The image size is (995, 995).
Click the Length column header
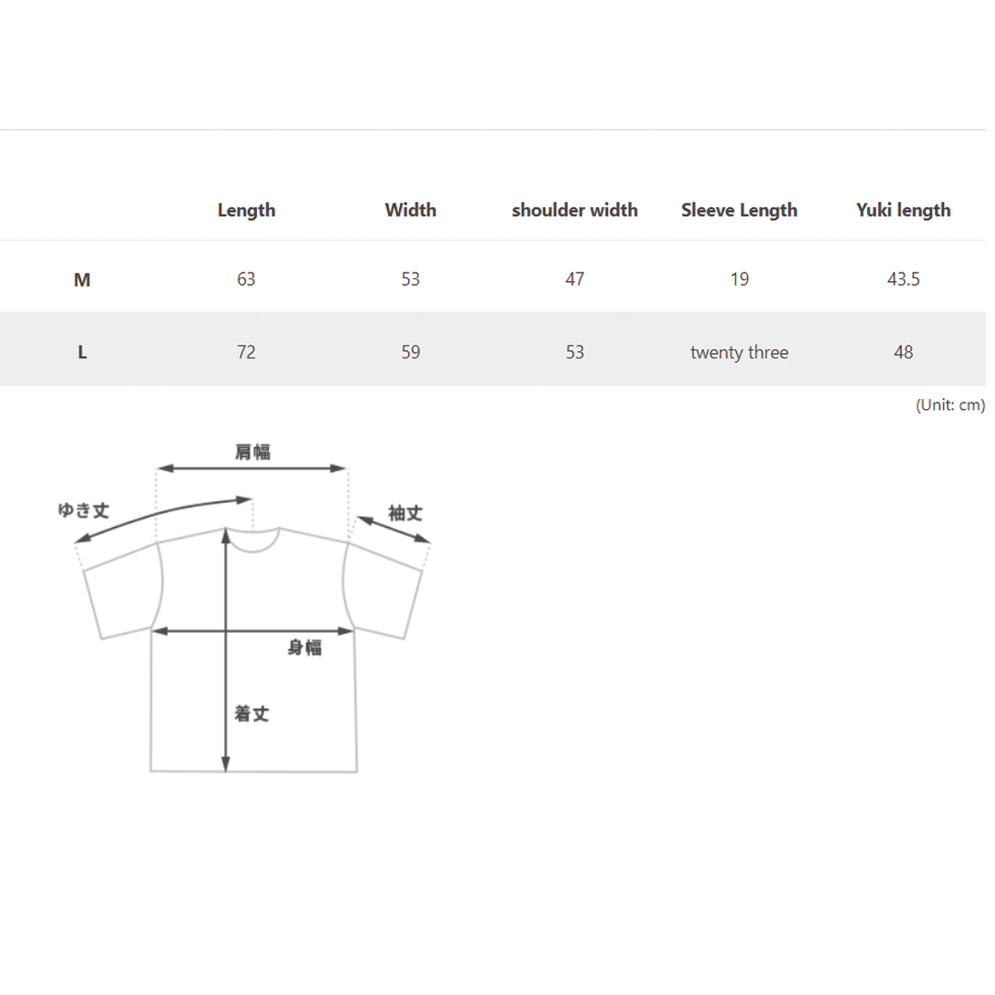pyautogui.click(x=246, y=210)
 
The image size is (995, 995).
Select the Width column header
pyautogui.click(x=411, y=210)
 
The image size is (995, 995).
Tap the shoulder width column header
pyautogui.click(x=575, y=210)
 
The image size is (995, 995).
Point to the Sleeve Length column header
pyautogui.click(x=739, y=210)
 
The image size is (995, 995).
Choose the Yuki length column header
pyautogui.click(x=903, y=210)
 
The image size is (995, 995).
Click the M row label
pyautogui.click(x=82, y=280)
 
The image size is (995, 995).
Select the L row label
pyautogui.click(x=82, y=352)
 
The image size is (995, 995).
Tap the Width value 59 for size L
pyautogui.click(x=411, y=352)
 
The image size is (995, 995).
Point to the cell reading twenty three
pyautogui.click(x=739, y=352)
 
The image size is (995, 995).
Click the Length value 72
pyautogui.click(x=246, y=352)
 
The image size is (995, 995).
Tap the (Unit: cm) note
pyautogui.click(x=950, y=404)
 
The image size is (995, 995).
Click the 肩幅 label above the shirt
pyautogui.click(x=252, y=451)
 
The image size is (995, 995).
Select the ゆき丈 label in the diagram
pyautogui.click(x=85, y=510)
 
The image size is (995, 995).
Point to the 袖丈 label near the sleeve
pyautogui.click(x=405, y=513)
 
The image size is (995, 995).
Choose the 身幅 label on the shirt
pyautogui.click(x=305, y=648)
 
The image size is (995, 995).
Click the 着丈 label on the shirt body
pyautogui.click(x=252, y=714)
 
